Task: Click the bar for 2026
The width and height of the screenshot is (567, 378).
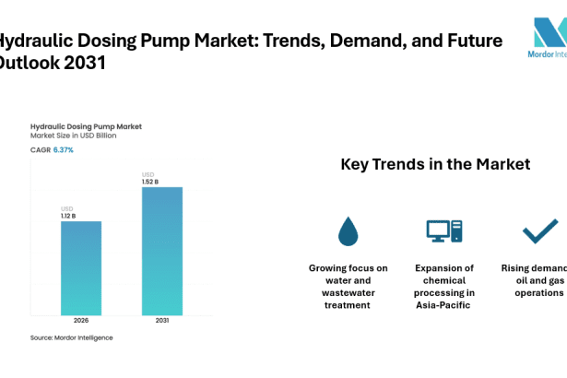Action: (x=81, y=267)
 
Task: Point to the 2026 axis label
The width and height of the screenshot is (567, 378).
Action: (x=81, y=321)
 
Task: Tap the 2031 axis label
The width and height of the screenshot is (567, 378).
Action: (x=161, y=321)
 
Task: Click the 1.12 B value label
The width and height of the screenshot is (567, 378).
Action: (x=69, y=216)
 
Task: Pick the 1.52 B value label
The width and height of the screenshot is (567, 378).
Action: (x=150, y=182)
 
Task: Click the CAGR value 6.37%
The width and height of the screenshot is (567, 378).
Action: (x=64, y=149)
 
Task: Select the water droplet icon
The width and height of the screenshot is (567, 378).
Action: (x=348, y=231)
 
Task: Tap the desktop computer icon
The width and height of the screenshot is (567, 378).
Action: (x=443, y=231)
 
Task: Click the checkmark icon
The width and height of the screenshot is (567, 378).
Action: (x=539, y=230)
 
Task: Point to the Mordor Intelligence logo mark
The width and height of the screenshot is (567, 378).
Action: (x=549, y=35)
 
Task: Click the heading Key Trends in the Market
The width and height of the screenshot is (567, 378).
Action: (x=435, y=165)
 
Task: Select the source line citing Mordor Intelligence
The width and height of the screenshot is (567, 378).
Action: (x=72, y=337)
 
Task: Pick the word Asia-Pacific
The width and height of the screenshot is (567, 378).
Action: (x=444, y=304)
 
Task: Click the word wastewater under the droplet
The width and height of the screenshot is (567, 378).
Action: (x=348, y=292)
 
